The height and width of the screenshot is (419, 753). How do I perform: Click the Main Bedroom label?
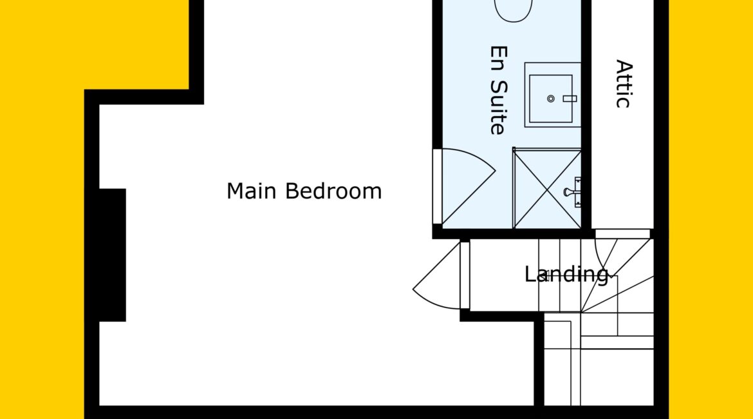pos(304,191)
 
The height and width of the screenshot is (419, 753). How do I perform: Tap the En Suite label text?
pos(499,90)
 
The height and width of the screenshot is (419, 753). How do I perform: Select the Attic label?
pos(624,84)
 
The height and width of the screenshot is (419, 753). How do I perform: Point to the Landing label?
pos(566,275)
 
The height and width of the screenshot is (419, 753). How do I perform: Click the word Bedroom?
pos(334,191)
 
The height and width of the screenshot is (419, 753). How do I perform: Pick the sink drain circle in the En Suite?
pos(551,99)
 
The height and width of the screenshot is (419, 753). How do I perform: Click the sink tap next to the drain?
pos(570,99)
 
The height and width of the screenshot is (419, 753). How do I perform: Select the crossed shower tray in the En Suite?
pos(548,189)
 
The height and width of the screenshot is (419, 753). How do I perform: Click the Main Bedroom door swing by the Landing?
pos(437,275)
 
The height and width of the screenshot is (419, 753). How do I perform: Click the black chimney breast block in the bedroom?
pos(113,255)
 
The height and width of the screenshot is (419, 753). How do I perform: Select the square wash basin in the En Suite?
pos(552,95)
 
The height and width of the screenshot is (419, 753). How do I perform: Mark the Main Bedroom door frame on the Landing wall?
pos(465,275)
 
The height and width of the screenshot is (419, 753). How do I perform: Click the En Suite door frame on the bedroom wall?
pos(437,187)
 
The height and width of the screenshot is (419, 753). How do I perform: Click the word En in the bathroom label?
pos(499,57)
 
